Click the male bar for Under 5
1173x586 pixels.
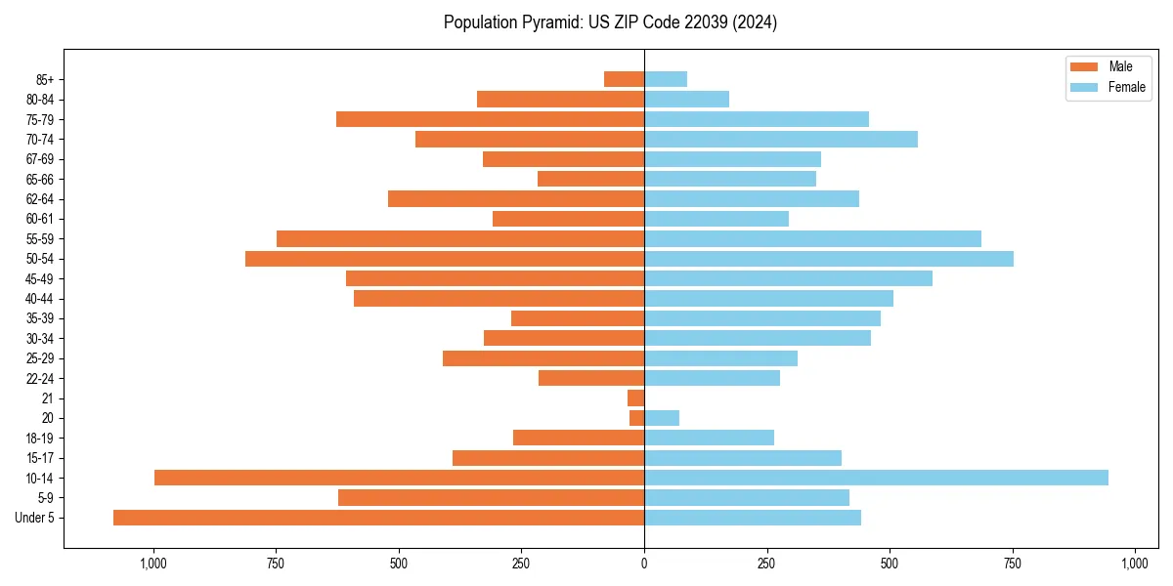click(378, 518)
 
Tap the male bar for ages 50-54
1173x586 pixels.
click(445, 259)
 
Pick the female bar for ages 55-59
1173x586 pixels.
click(812, 238)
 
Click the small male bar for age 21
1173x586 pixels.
click(635, 398)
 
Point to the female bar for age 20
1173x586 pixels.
click(662, 418)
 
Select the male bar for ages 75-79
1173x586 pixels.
click(490, 119)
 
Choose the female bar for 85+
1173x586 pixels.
click(666, 79)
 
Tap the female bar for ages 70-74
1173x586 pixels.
click(781, 139)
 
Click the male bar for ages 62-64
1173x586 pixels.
click(516, 198)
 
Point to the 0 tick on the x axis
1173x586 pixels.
click(644, 564)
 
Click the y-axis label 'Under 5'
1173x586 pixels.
click(34, 518)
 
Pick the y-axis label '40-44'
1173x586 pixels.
click(40, 299)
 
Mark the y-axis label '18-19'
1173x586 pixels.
click(40, 438)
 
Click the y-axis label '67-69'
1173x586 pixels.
click(40, 159)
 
